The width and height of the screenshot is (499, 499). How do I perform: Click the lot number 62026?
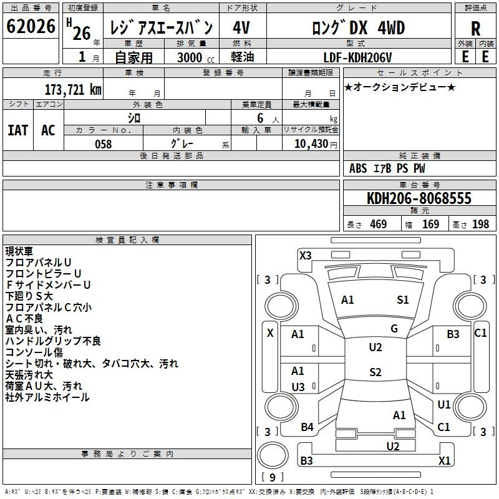click(31, 26)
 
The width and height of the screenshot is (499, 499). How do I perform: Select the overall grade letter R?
click(475, 29)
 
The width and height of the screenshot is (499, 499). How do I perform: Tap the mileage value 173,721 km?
click(73, 90)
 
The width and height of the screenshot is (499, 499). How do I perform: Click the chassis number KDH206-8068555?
click(419, 198)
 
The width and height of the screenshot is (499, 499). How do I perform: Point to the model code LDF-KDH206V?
click(357, 57)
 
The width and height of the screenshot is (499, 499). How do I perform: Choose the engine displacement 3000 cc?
click(196, 57)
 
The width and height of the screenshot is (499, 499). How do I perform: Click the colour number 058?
click(104, 144)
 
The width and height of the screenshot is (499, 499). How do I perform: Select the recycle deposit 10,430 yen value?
click(316, 144)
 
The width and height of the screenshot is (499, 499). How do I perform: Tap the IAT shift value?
click(18, 130)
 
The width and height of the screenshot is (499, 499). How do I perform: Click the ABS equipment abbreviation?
click(358, 168)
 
